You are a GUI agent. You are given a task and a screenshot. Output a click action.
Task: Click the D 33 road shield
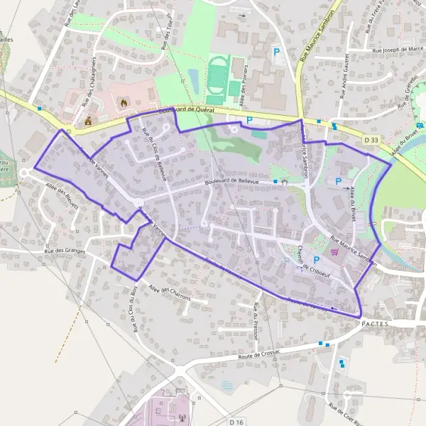coord(370,141)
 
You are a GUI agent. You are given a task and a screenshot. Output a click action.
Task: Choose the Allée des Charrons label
coord(170,293)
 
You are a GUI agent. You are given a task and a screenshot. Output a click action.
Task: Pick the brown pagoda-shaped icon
coord(88,122)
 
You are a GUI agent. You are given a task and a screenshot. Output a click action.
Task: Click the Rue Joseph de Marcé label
coord(398,50)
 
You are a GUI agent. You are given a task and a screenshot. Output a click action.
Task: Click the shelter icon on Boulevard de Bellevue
coord(283,182)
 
